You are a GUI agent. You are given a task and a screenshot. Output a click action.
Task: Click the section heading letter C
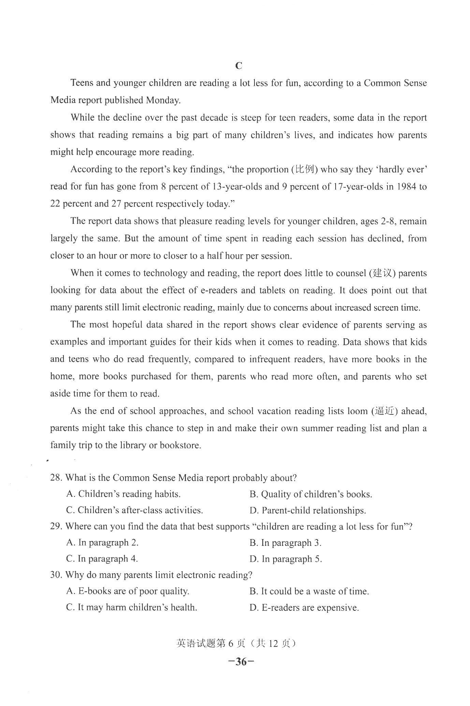point(239,66)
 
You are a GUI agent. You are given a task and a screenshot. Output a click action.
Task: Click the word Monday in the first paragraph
point(162,100)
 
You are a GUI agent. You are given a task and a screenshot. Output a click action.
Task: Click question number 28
point(56,478)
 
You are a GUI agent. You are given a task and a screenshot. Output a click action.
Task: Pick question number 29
point(56,526)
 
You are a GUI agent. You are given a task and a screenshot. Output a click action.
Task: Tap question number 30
point(56,575)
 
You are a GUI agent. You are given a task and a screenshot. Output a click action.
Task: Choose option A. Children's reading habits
point(123,494)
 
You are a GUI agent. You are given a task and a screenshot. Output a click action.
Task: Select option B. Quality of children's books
point(311,494)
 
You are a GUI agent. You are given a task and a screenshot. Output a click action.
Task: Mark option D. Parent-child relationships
point(308,510)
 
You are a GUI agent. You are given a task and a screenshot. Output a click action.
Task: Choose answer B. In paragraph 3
point(285,543)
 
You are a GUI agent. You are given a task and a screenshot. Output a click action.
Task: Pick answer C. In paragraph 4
point(102,559)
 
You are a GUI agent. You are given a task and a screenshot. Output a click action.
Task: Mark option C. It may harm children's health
point(132,608)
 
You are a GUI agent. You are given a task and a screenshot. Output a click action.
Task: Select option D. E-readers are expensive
point(304,608)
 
